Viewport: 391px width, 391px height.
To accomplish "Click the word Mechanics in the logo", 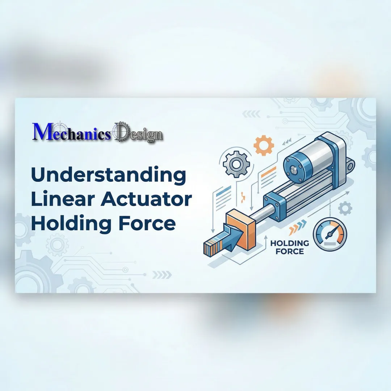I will tap(71, 133).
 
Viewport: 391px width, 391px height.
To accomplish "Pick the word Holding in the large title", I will tap(73, 223).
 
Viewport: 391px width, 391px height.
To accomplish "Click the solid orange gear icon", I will tap(264, 146).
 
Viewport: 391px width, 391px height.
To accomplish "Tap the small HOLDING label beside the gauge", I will tap(290, 243).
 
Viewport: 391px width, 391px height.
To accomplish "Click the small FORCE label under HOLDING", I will tap(290, 251).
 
